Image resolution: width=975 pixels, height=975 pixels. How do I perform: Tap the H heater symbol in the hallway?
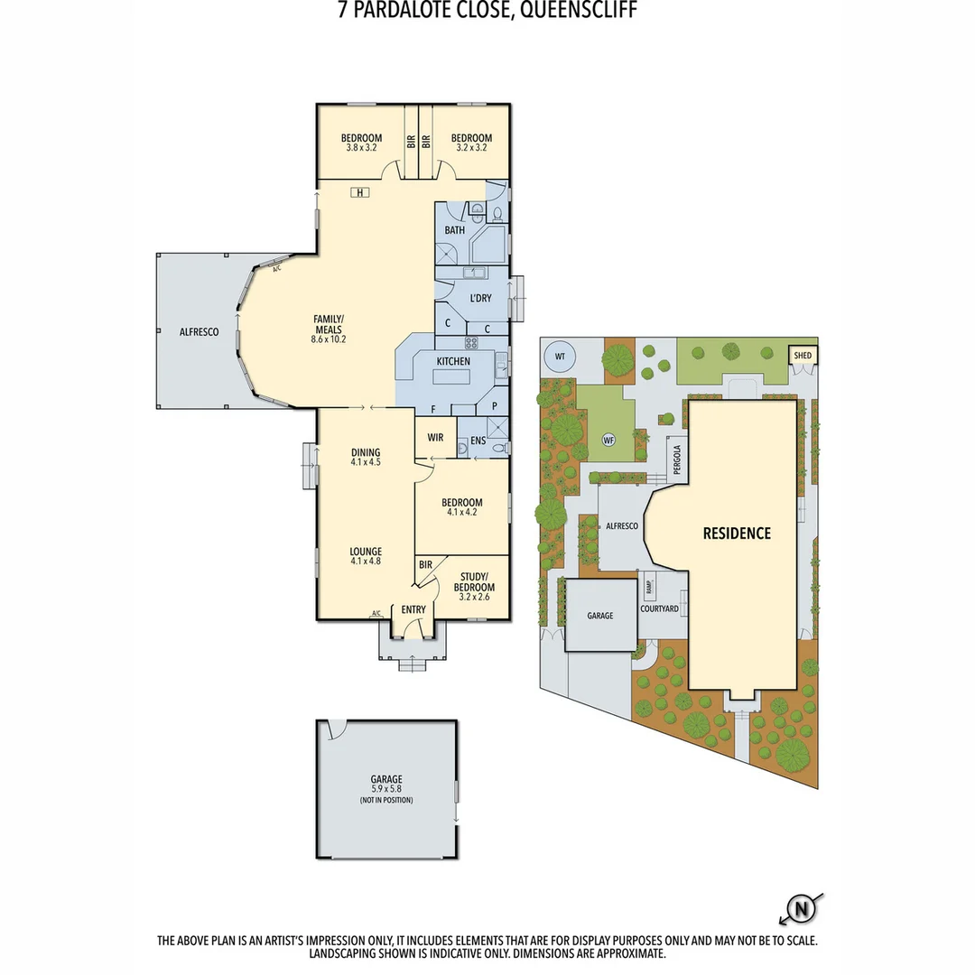tap(360, 192)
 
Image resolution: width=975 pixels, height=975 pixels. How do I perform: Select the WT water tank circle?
tap(560, 357)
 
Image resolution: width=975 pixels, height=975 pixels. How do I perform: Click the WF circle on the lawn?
tap(608, 440)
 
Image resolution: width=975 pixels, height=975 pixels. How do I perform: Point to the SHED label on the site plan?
tap(803, 356)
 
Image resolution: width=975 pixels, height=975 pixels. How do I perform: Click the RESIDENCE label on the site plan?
tap(737, 534)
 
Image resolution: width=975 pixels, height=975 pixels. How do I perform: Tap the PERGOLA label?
tap(677, 459)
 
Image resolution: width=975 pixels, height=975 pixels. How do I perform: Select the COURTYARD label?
tap(659, 608)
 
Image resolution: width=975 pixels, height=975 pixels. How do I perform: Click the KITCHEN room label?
tap(453, 361)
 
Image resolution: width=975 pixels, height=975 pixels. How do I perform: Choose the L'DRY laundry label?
tap(479, 298)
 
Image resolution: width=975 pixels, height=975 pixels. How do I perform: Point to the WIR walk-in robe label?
tap(435, 438)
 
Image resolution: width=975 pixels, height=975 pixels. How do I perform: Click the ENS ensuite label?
tap(478, 441)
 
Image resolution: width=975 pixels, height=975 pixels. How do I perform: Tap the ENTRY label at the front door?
tap(413, 610)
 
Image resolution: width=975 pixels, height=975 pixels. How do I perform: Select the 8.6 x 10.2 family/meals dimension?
tap(329, 339)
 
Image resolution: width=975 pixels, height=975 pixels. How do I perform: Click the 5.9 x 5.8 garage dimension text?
tap(385, 790)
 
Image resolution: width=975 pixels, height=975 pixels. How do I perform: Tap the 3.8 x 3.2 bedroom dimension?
tap(361, 147)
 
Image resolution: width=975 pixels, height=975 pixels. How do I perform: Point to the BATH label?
tap(454, 230)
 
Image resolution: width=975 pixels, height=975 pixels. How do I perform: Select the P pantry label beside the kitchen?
tap(494, 407)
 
